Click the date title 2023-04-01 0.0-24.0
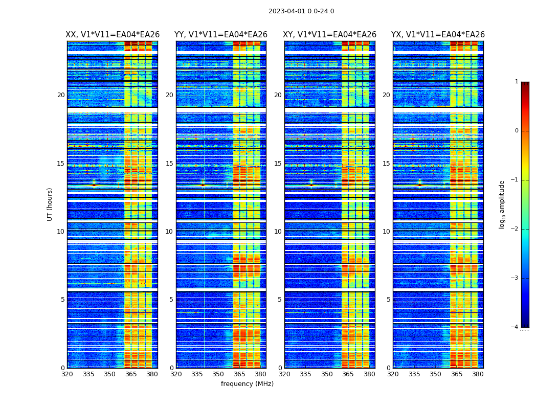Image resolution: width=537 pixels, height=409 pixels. click(301, 11)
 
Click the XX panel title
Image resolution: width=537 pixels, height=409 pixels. click(113, 35)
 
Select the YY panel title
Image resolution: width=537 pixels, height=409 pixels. click(221, 35)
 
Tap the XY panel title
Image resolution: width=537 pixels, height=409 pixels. click(330, 35)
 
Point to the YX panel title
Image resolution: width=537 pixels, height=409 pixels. click(438, 35)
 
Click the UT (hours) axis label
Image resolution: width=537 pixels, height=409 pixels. click(50, 204)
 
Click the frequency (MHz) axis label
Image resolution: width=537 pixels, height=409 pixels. click(247, 384)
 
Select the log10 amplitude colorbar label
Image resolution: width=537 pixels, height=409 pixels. click(502, 204)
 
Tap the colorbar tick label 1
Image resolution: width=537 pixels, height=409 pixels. click(516, 82)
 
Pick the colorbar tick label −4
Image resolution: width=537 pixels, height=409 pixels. click(514, 327)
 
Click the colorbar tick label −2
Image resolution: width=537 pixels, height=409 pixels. click(514, 229)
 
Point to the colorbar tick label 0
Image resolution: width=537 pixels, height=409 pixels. click(516, 131)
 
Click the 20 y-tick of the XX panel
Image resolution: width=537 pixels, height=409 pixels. click(61, 95)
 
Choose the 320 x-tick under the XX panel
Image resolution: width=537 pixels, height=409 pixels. click(67, 374)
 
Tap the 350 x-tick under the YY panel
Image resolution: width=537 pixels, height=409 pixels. click(218, 374)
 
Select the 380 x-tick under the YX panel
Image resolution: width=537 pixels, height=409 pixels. click(478, 374)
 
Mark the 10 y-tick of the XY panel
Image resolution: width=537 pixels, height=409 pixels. click(278, 232)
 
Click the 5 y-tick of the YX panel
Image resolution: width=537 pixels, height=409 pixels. click(388, 300)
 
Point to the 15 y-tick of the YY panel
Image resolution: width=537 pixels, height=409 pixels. click(169, 164)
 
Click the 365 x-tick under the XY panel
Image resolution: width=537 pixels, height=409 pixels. click(348, 374)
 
